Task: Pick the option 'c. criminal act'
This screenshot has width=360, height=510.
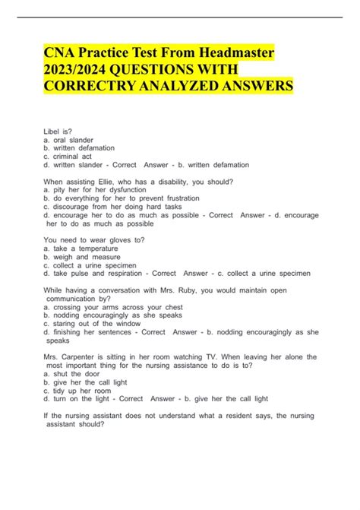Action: pos(74,156)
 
